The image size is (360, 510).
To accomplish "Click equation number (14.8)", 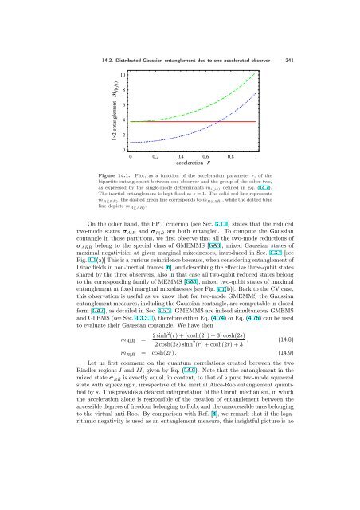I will [299, 405].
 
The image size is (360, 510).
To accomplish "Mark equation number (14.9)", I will [299, 424].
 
